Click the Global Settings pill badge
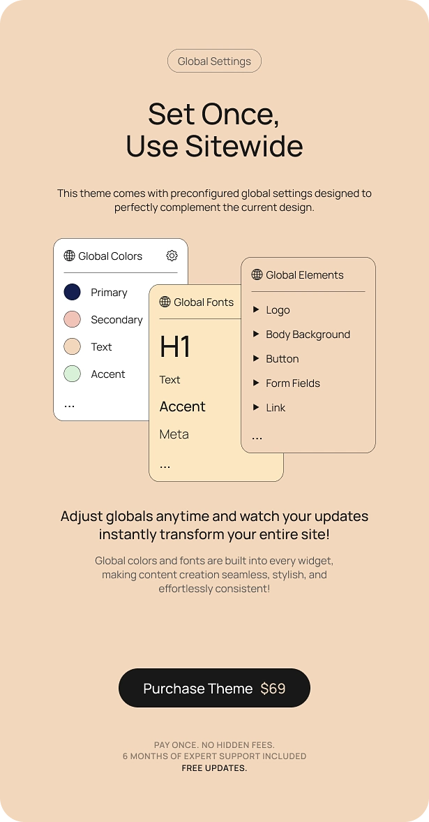(x=214, y=61)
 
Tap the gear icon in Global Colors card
(x=172, y=256)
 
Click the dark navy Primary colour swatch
(x=73, y=292)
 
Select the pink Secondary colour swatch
(x=73, y=319)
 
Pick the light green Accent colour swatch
(x=73, y=374)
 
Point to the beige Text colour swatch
(x=73, y=346)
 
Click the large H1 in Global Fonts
(x=175, y=346)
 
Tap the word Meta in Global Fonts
(x=174, y=434)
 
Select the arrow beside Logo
(x=257, y=309)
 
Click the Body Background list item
(x=308, y=335)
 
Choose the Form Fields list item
(x=292, y=383)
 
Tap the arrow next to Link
(x=257, y=407)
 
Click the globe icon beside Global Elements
(x=257, y=275)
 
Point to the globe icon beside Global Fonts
(x=165, y=302)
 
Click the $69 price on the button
(x=273, y=689)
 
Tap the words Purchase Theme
(x=197, y=689)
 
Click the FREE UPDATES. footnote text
(x=214, y=768)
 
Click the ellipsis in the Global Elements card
(x=257, y=438)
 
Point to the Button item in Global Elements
(x=282, y=359)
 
